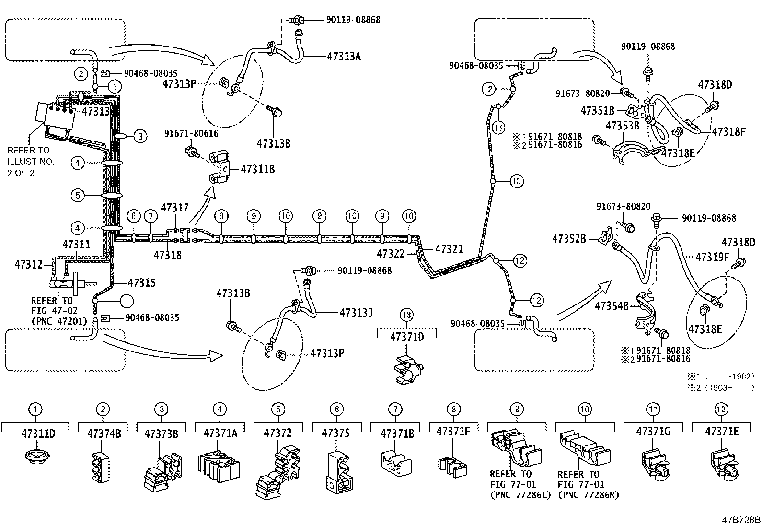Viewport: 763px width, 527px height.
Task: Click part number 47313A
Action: pos(344,56)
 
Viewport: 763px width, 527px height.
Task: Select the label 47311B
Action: pos(257,169)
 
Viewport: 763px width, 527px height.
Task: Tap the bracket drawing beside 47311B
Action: pos(220,167)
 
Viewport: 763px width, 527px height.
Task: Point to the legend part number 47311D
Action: pos(38,433)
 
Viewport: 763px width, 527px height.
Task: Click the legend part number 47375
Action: pos(337,433)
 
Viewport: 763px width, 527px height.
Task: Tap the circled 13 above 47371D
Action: pos(406,315)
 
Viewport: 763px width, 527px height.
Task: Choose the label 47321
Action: pos(449,249)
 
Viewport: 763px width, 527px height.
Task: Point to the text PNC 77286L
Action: pos(520,494)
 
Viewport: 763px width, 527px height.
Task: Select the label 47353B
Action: pos(623,126)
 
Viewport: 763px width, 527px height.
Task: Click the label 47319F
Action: pos(711,257)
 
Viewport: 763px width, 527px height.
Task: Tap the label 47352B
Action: pos(569,238)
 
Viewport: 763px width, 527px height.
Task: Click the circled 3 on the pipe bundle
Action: pos(140,136)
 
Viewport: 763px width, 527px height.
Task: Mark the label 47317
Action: pos(174,208)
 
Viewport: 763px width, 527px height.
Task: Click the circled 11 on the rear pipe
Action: pos(498,128)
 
